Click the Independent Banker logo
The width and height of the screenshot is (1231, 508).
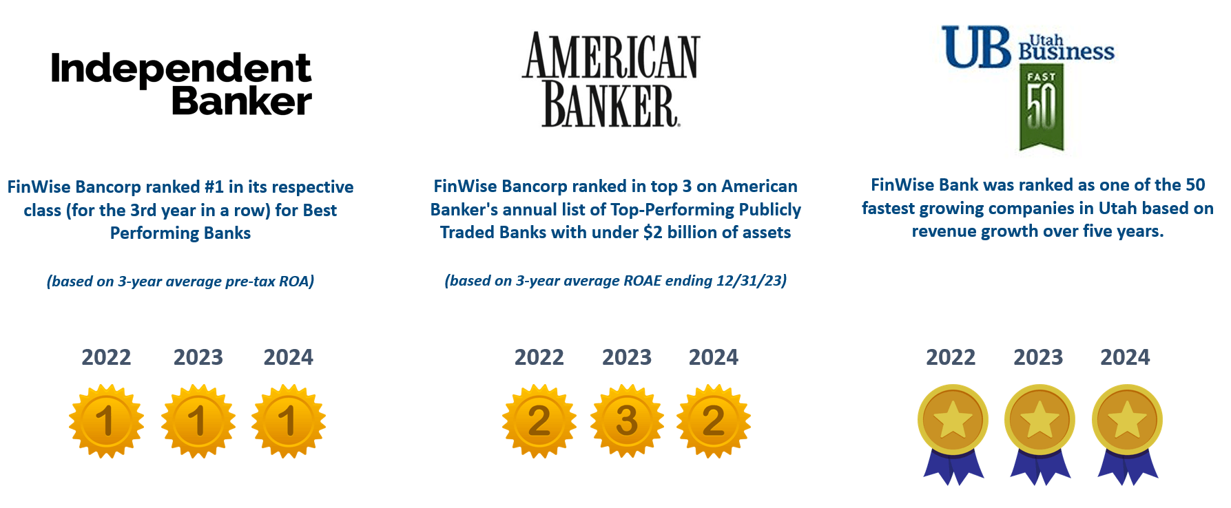tap(181, 84)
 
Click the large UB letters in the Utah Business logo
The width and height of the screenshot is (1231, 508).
tap(977, 48)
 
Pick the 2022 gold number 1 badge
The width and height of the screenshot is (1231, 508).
tap(106, 421)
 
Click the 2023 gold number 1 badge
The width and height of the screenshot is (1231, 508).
tap(198, 421)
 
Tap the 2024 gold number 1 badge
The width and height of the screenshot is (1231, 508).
tap(289, 421)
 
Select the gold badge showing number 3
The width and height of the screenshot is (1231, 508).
tap(627, 421)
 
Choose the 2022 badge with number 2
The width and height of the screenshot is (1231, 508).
tap(539, 421)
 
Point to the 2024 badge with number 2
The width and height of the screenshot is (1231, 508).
tap(714, 421)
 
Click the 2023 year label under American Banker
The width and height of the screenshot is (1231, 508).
tap(627, 357)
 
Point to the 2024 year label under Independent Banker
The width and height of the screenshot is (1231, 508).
tap(289, 357)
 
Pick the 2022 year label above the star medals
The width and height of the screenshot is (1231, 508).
tap(951, 357)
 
